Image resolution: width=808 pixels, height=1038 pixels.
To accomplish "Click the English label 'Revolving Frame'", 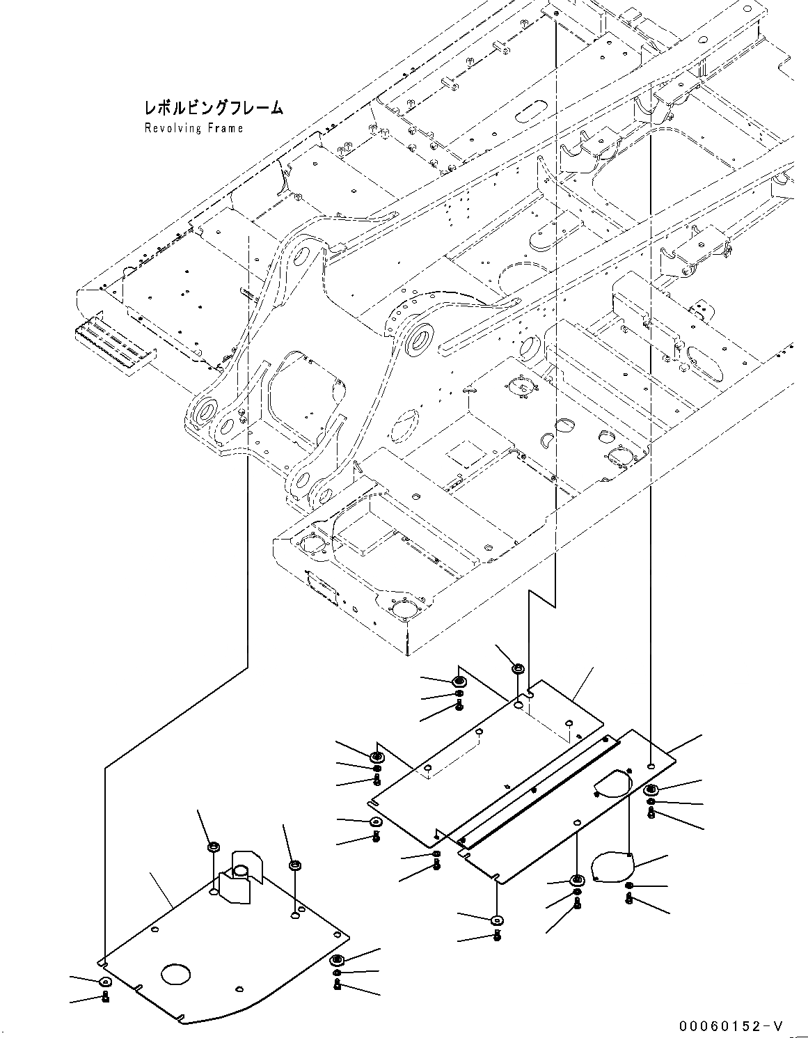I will (x=193, y=128).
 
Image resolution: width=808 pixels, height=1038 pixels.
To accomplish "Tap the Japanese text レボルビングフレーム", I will (x=213, y=108).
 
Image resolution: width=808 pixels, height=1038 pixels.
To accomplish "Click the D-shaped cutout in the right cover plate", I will (x=613, y=782).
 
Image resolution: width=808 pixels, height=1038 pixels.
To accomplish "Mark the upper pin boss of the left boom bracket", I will (x=303, y=257).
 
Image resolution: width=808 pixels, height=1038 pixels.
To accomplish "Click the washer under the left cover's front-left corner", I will (x=104, y=982).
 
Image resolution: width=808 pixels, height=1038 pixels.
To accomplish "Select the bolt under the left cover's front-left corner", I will (x=105, y=997).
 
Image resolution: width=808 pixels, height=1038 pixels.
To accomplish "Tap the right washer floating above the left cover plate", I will (x=295, y=865).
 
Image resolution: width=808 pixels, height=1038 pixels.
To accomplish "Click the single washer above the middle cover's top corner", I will (x=517, y=669).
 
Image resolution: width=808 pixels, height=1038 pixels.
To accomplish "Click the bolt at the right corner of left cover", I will (x=337, y=985).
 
